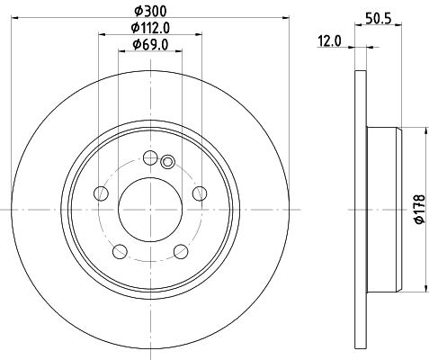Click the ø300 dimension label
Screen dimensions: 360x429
click(148, 10)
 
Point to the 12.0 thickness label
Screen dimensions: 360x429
click(331, 40)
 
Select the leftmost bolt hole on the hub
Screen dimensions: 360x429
click(102, 193)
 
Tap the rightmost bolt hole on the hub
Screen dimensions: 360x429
click(198, 193)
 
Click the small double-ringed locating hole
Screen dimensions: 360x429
click(167, 162)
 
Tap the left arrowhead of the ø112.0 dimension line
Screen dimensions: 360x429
click(102, 35)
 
